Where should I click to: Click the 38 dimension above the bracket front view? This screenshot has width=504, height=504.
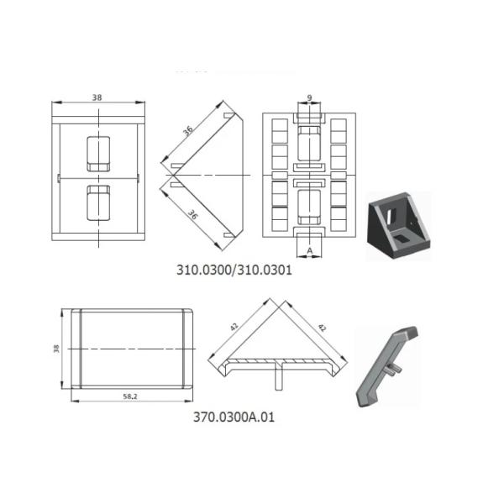pos(97,97)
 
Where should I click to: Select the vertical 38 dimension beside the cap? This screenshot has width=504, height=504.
pos(56,349)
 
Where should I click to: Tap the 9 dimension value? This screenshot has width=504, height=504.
pos(309,97)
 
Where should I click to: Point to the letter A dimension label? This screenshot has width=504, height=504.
pos(309,250)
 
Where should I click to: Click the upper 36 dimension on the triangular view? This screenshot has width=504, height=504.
pos(188,130)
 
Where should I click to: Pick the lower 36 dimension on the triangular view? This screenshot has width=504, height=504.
pos(192,214)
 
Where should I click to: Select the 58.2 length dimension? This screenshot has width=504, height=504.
pos(130,396)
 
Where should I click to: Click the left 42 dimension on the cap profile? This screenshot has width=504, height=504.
pos(234,327)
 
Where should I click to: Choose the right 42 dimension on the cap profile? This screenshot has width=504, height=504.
pos(322,328)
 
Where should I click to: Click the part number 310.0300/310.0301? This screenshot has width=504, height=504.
pos(234,270)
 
